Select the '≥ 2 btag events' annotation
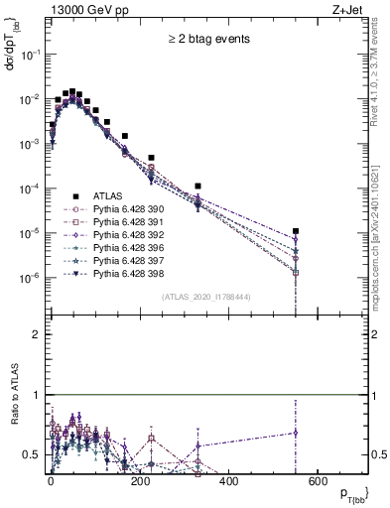point(207,39)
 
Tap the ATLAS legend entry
point(108,195)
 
